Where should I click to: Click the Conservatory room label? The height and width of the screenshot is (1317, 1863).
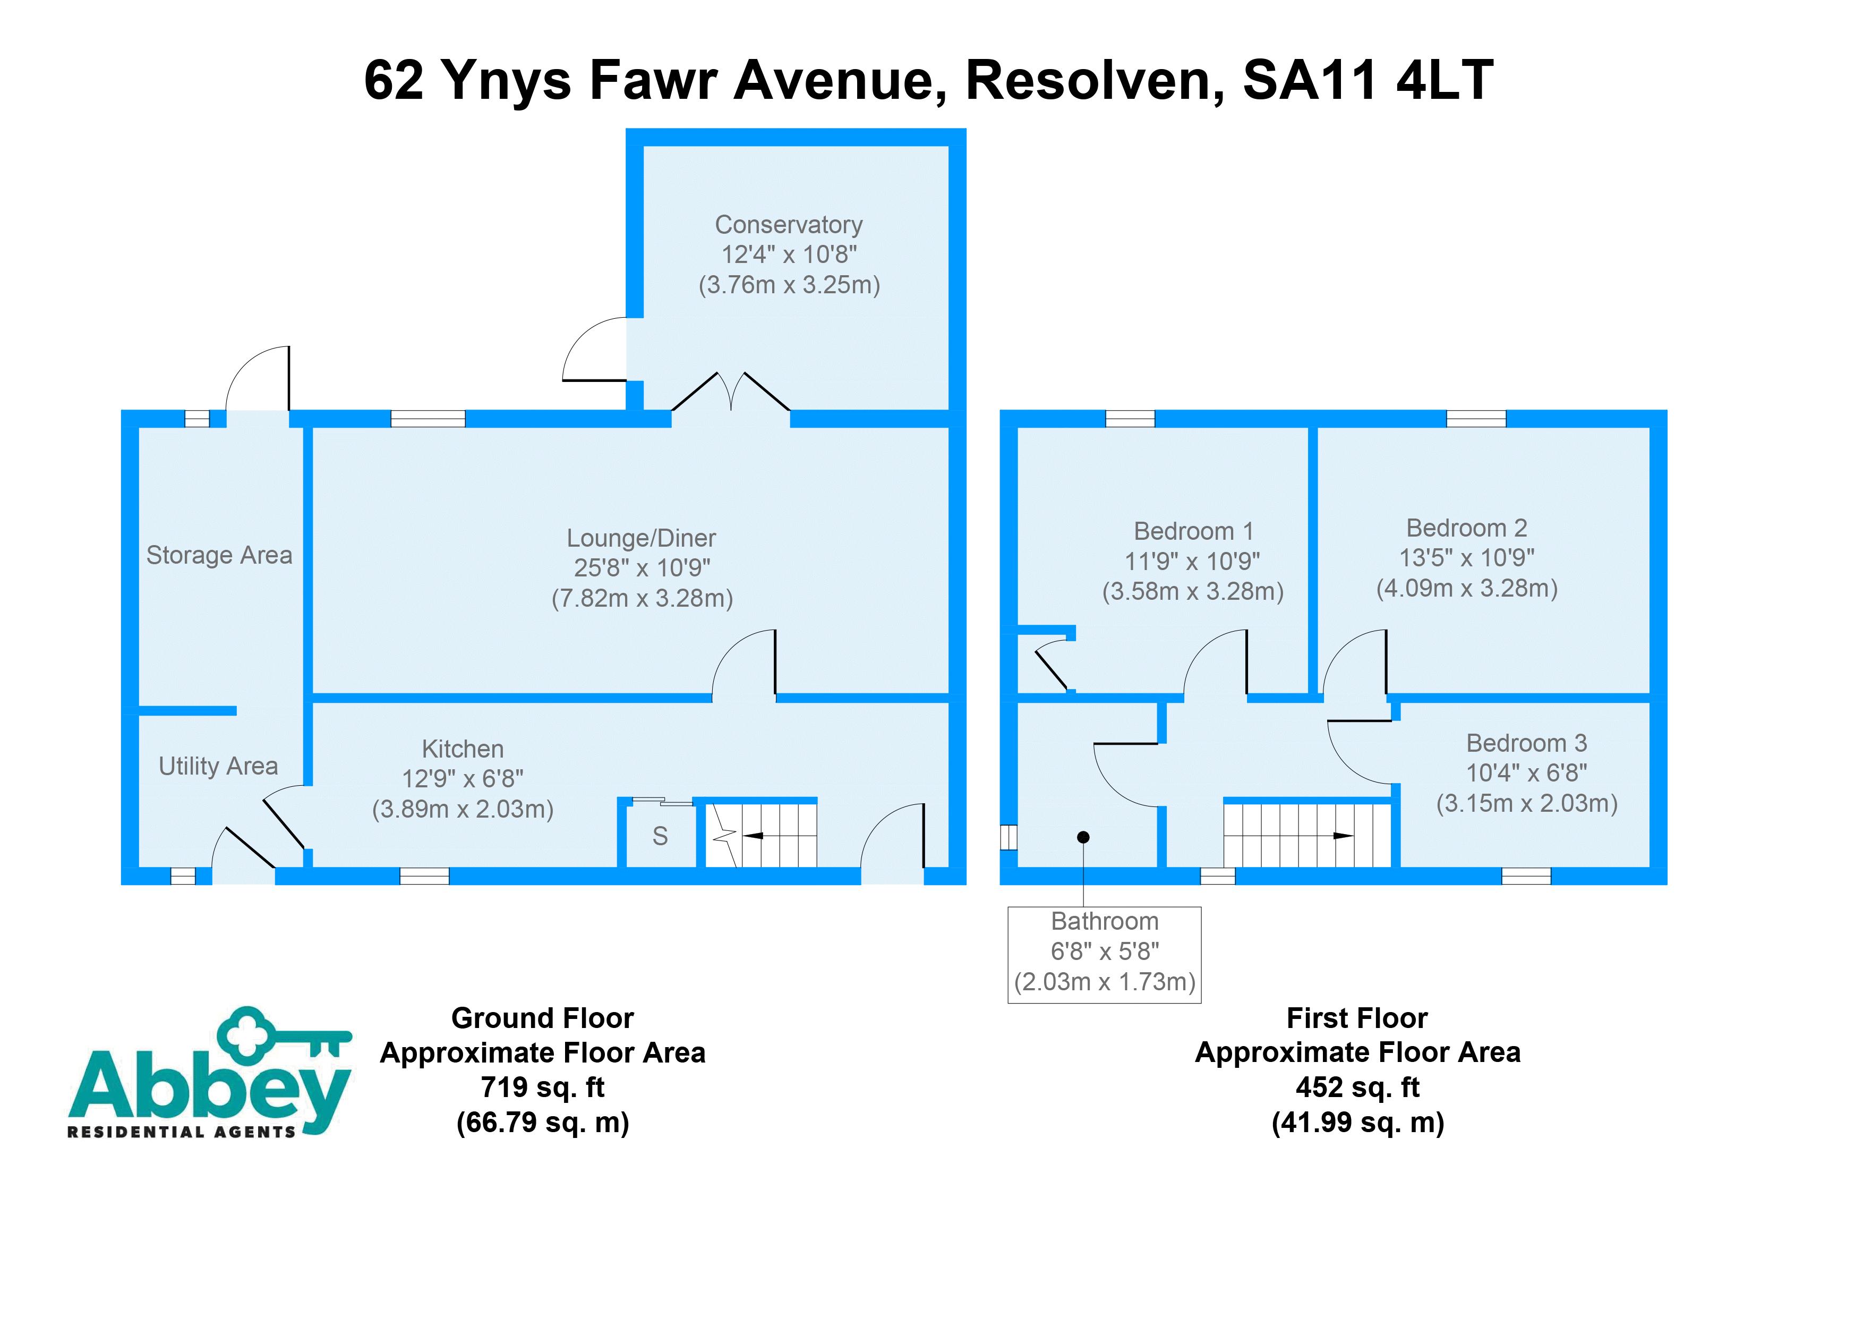(788, 225)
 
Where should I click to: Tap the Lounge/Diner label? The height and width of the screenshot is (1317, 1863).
(641, 538)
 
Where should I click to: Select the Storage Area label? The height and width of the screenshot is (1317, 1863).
(219, 555)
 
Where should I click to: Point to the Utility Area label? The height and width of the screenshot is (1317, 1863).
(218, 766)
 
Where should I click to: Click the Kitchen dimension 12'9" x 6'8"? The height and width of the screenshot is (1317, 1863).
(463, 779)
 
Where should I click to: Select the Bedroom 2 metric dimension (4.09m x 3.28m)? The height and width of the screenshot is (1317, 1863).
(1466, 588)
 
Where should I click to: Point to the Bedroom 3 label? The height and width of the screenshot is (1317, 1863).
(1526, 743)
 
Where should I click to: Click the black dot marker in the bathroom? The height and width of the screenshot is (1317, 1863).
(1083, 837)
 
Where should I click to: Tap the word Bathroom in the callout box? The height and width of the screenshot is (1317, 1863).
(1104, 922)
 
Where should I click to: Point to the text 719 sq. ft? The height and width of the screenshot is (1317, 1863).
(542, 1087)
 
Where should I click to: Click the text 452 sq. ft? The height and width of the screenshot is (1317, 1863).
(1357, 1087)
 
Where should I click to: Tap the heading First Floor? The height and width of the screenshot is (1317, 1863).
(1357, 1018)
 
